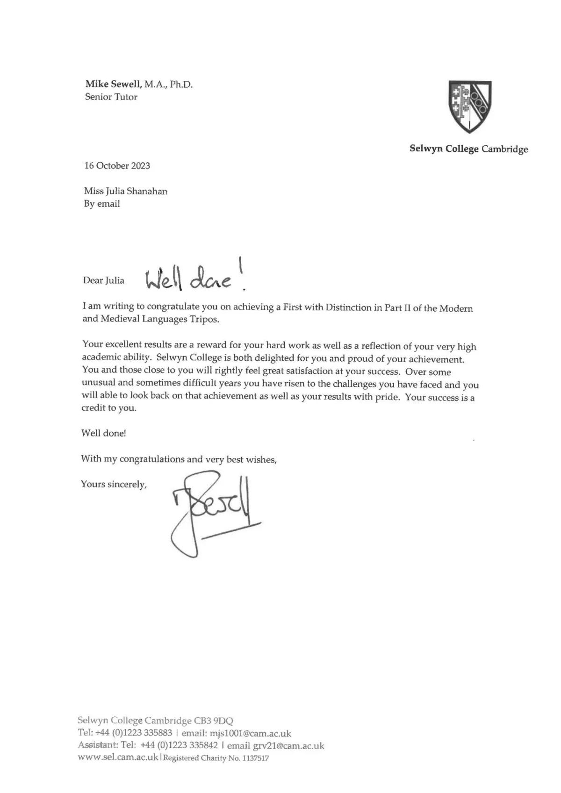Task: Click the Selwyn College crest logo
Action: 469,107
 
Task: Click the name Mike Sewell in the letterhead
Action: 113,84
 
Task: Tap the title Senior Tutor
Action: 111,97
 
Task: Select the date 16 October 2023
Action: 117,165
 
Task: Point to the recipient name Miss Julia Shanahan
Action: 126,191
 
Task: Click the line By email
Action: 102,204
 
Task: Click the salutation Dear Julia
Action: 104,280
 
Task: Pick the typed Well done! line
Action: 104,433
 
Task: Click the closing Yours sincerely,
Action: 114,484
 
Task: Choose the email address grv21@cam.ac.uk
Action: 288,746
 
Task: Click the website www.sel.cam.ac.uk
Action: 118,757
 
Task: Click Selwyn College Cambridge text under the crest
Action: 469,149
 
